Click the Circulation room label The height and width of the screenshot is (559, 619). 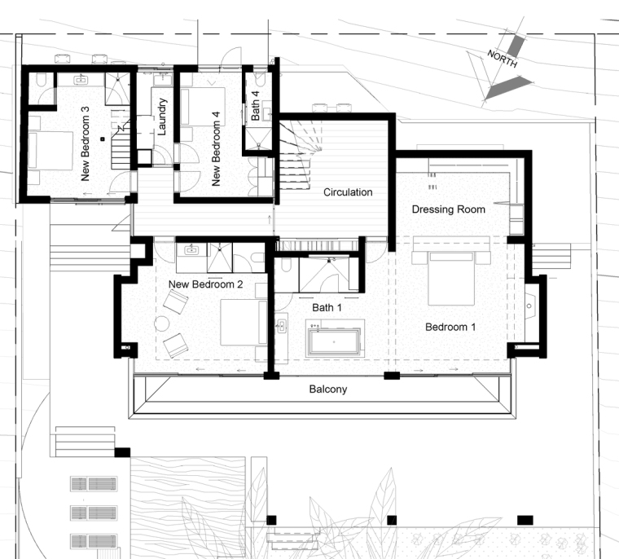[x=348, y=192]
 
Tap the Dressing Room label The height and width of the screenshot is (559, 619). [x=449, y=209]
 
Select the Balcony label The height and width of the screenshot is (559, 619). [x=328, y=390]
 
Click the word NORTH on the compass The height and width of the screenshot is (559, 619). [x=503, y=59]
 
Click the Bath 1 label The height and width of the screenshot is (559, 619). [x=327, y=307]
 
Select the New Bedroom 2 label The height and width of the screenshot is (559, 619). [x=205, y=284]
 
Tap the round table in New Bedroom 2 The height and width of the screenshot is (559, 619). [x=162, y=324]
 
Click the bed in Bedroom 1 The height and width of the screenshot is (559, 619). [x=451, y=278]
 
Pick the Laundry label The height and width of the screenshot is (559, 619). [x=162, y=117]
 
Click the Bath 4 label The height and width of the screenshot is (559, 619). [x=255, y=106]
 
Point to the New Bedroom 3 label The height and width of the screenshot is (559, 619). [x=85, y=143]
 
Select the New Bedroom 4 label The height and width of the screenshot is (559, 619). [x=216, y=149]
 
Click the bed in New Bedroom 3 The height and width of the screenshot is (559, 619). [x=50, y=151]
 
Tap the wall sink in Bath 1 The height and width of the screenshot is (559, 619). [x=282, y=326]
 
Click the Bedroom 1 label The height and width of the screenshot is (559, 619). [x=450, y=327]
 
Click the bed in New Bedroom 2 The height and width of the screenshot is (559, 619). [x=244, y=323]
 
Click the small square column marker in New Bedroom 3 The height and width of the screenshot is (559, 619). [x=103, y=139]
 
